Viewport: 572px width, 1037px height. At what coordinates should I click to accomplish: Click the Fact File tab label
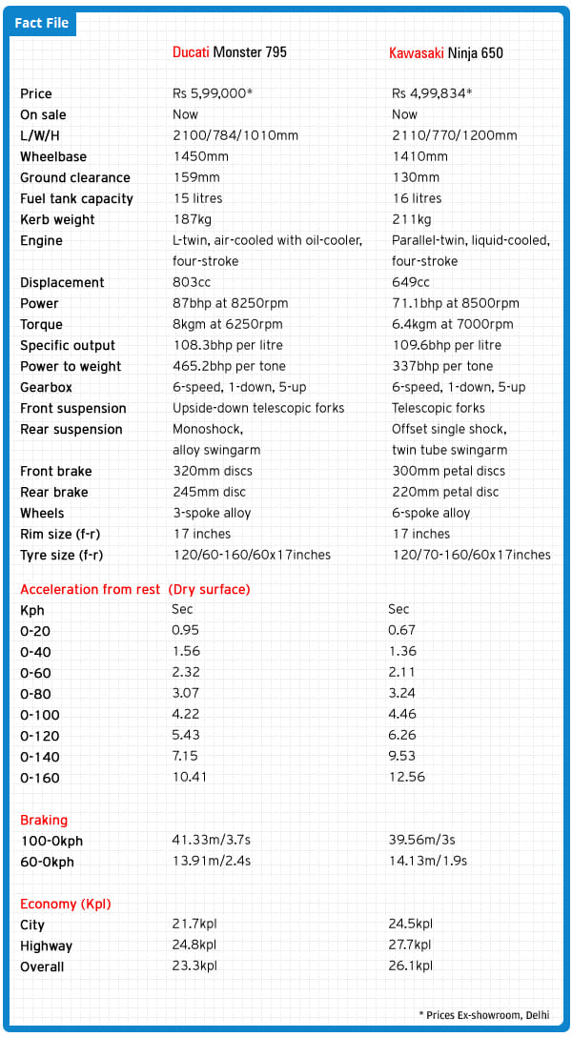point(42,23)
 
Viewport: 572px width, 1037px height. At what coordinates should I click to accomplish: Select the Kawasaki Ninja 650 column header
point(445,52)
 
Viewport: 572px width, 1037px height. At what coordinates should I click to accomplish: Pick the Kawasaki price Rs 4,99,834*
point(432,93)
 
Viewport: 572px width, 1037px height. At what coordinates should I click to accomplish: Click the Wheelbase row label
point(54,156)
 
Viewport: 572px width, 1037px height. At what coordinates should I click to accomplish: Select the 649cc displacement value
point(410,282)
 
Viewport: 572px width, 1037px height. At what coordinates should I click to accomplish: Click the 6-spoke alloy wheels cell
point(431,513)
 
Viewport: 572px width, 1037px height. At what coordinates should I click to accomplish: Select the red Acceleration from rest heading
point(134,589)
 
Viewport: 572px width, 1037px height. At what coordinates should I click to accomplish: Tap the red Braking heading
point(44,820)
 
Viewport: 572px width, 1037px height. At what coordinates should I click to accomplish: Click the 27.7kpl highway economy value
point(412,945)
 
